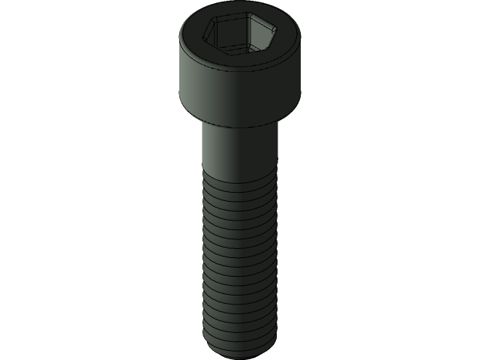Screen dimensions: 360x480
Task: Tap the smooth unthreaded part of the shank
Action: point(240,150)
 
